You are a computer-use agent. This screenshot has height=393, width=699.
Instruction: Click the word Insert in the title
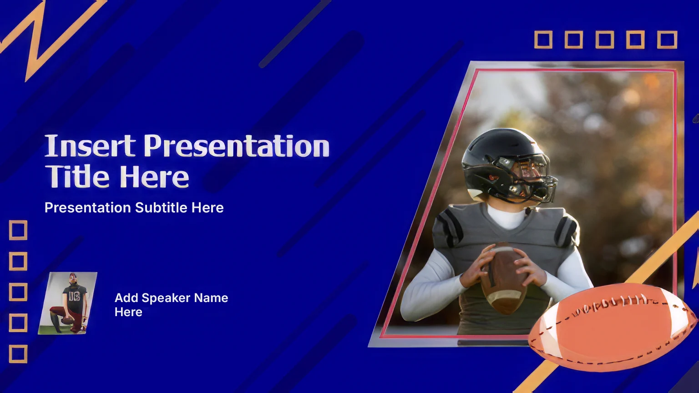point(90,146)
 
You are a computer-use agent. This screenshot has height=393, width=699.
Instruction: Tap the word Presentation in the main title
point(237,146)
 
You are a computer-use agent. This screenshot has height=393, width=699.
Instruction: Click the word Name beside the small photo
point(211,298)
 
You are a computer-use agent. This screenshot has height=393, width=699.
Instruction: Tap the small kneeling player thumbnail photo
point(67,303)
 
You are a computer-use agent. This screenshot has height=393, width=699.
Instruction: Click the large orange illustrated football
point(612,327)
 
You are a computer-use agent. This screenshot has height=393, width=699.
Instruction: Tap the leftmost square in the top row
point(543,40)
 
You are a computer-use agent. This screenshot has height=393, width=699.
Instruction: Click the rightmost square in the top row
point(667,40)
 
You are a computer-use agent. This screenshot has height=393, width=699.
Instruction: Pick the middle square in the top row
point(605,40)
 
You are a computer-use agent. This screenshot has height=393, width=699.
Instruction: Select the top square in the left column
point(18,230)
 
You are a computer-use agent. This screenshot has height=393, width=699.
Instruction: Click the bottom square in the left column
point(18,354)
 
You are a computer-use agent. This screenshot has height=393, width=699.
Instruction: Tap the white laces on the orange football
point(612,304)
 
